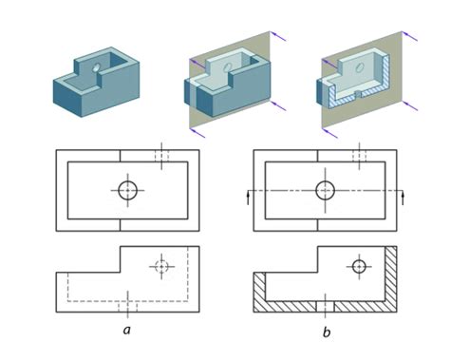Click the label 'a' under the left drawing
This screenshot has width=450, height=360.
pos(126,330)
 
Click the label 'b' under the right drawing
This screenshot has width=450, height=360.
pos(325,332)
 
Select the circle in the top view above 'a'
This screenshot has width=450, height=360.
pos(127,190)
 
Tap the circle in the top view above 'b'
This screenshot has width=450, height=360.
pos(325,190)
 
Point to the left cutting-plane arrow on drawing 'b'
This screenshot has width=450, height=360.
pos(249,196)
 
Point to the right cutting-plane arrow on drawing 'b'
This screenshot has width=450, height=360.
pos(403,196)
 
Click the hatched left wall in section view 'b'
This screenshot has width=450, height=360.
pos(258,290)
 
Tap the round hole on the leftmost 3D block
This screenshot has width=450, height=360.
pos(95,66)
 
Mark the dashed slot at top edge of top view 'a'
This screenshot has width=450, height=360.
pos(162,154)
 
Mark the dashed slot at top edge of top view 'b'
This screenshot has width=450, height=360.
pos(359,154)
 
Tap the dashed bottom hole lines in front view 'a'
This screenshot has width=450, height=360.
pos(127,306)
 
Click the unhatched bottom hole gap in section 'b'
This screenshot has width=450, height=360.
pos(325,306)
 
